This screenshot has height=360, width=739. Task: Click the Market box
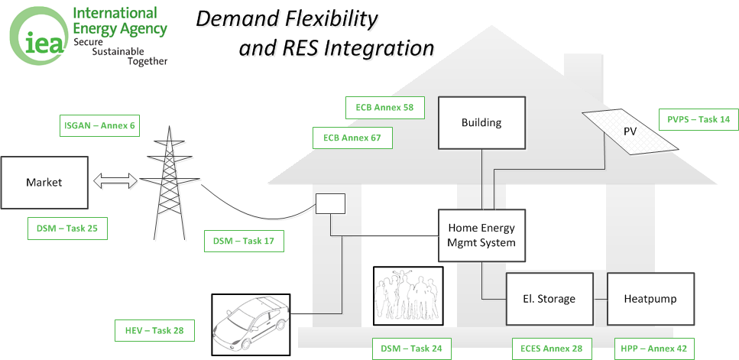click(44, 183)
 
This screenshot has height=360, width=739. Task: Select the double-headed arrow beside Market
click(115, 181)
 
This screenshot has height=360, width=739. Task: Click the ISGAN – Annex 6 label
click(99, 125)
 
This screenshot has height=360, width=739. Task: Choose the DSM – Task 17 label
click(244, 242)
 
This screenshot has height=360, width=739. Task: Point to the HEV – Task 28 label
click(154, 330)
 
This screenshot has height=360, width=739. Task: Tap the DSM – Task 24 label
click(411, 349)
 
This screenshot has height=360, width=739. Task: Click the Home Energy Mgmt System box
click(481, 235)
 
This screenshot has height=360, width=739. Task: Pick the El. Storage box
click(549, 299)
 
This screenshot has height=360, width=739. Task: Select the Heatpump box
click(650, 299)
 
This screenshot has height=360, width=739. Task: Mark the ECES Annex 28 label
click(551, 349)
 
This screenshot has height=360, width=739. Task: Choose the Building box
click(481, 122)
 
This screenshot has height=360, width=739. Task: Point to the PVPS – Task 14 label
click(698, 119)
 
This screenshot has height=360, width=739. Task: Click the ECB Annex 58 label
click(384, 108)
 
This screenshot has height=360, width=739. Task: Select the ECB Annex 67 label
click(352, 138)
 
